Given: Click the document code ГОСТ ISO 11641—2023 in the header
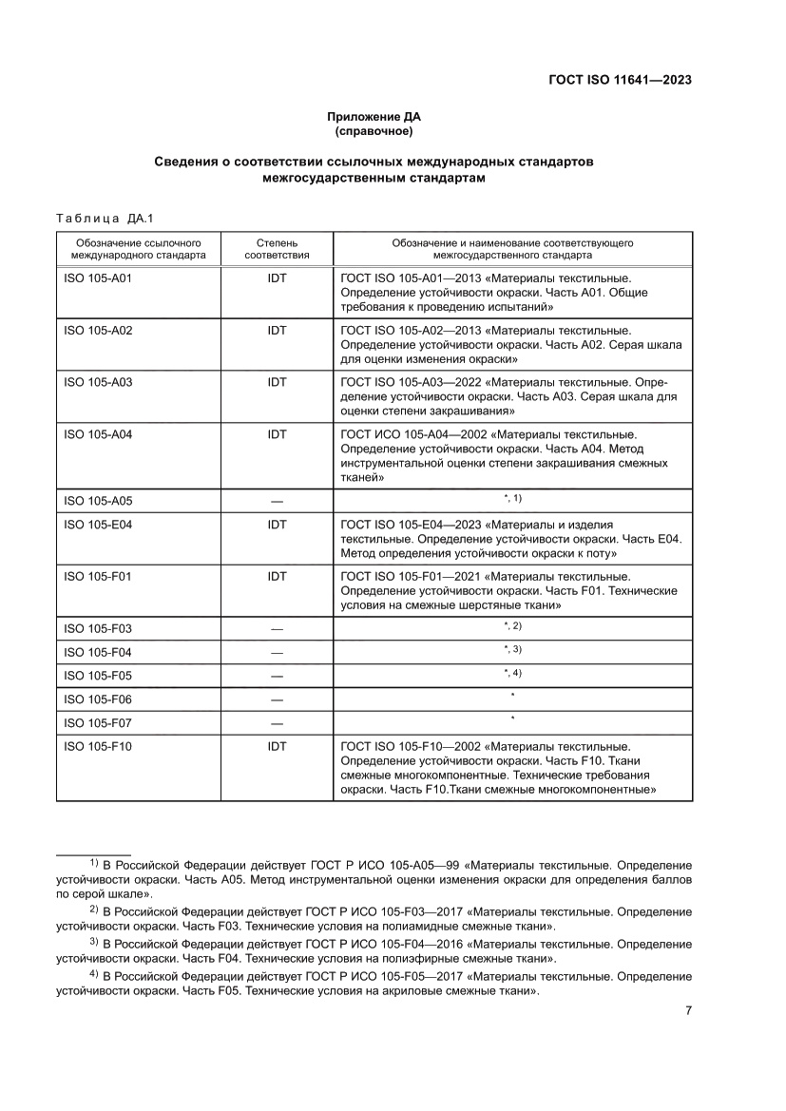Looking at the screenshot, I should pyautogui.click(x=620, y=80).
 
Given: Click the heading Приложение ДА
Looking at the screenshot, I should pyautogui.click(x=373, y=118).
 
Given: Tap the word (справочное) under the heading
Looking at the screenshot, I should pyautogui.click(x=373, y=131).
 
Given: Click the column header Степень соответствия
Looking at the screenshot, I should pyautogui.click(x=277, y=249).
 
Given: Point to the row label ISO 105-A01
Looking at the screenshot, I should pyautogui.click(x=98, y=278).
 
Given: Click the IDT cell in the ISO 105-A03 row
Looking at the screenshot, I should pyautogui.click(x=277, y=382).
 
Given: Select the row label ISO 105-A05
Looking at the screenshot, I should pyautogui.click(x=98, y=501).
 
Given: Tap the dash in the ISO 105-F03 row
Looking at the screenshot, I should pyautogui.click(x=277, y=629).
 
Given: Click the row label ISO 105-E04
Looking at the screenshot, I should pyautogui.click(x=98, y=525).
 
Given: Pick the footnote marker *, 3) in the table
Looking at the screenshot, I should pyautogui.click(x=512, y=649).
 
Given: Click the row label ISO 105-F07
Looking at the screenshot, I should pyautogui.click(x=98, y=723).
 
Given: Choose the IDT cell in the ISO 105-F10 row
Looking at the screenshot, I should pyautogui.click(x=277, y=747).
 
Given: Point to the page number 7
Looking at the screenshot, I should pyautogui.click(x=687, y=1011).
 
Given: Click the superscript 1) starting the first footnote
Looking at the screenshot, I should pyautogui.click(x=94, y=863).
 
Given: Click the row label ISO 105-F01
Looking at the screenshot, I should pyautogui.click(x=98, y=576).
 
